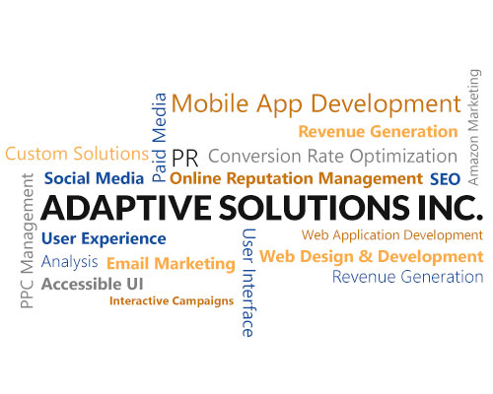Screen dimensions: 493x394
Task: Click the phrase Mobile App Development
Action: (316, 104)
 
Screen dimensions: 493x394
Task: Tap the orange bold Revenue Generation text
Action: (378, 132)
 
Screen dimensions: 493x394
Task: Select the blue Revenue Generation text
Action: (407, 277)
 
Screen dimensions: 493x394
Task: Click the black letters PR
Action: (185, 159)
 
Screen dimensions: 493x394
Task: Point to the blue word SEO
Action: (445, 179)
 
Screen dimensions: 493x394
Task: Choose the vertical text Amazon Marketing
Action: (474, 127)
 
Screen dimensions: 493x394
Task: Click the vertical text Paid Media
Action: (159, 138)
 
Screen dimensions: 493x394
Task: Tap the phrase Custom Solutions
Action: (77, 154)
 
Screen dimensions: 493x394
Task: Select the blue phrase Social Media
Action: (94, 178)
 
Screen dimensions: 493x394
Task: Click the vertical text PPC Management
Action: (28, 240)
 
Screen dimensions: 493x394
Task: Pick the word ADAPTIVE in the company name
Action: (126, 208)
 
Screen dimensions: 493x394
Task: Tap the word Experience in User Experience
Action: (123, 239)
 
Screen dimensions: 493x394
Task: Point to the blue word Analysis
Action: (70, 262)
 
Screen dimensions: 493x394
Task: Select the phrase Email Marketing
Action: (171, 264)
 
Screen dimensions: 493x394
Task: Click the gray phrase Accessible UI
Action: (93, 284)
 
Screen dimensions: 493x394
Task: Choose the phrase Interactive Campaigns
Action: (172, 301)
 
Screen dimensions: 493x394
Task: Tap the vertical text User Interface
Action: (248, 283)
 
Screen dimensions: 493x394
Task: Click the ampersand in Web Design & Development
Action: (365, 256)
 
